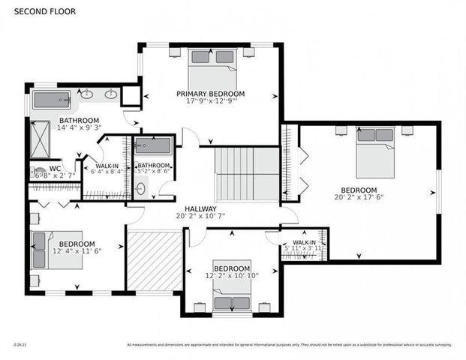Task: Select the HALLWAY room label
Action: (200, 209)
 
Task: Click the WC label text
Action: (55, 168)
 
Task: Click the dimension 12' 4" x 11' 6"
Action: (77, 252)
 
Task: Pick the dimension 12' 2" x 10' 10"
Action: (231, 276)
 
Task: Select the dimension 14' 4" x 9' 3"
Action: (79, 128)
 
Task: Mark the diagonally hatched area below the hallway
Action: (155, 262)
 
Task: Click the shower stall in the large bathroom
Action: (40, 138)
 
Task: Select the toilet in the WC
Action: (37, 172)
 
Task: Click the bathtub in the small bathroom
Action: (154, 145)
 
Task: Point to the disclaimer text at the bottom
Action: (289, 344)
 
